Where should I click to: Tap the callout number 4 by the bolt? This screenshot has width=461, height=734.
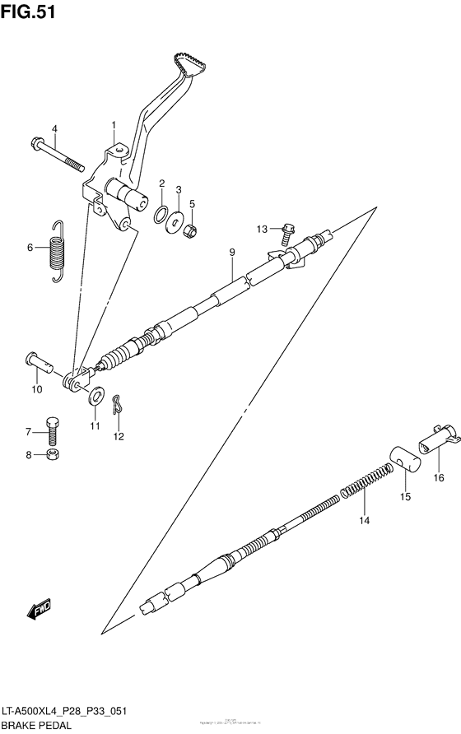pyautogui.click(x=54, y=128)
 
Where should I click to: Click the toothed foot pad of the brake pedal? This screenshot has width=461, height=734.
pyautogui.click(x=189, y=65)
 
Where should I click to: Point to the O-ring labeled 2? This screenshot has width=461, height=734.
pyautogui.click(x=162, y=214)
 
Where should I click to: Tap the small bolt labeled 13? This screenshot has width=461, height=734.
pyautogui.click(x=287, y=233)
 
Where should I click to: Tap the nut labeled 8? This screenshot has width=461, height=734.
pyautogui.click(x=52, y=454)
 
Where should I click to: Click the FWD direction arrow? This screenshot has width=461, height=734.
pyautogui.click(x=38, y=610)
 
